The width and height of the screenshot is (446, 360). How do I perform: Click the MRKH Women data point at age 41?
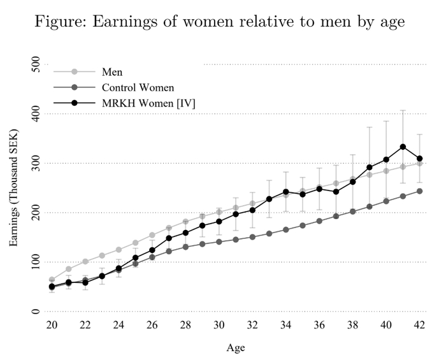pos(403,147)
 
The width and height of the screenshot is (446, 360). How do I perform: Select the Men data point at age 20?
pos(52,280)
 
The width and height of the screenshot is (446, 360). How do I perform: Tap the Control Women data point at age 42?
pos(419,191)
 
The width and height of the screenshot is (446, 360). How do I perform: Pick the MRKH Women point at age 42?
pos(419,159)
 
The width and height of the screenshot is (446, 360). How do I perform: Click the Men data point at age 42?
pos(419,163)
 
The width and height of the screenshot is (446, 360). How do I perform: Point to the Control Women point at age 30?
pos(219,241)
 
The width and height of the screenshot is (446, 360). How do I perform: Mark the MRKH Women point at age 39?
pos(370,167)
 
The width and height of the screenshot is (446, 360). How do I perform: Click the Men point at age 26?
pos(152,235)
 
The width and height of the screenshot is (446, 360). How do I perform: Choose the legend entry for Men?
pos(111,73)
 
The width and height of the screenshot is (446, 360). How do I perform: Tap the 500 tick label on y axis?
pos(35,64)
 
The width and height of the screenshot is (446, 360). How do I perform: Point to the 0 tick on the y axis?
pos(35,312)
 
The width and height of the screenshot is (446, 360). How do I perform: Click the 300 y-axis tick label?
pos(35,163)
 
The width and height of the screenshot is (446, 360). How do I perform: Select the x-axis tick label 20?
pos(52,325)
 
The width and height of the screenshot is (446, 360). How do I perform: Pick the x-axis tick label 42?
pos(419,325)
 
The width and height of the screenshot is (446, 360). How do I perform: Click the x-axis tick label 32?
pos(252,325)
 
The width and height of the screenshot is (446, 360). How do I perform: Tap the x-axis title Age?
pos(235,348)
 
